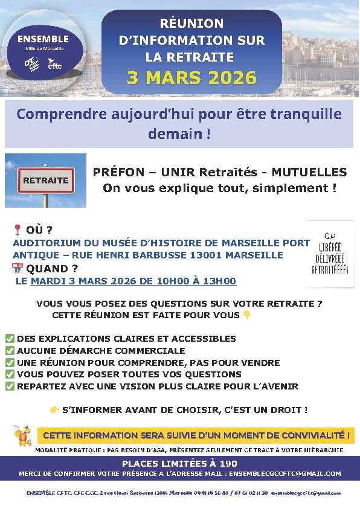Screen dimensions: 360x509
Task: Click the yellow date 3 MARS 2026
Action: pyautogui.click(x=191, y=78)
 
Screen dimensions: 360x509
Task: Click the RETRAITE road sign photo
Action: pyautogui.click(x=45, y=181)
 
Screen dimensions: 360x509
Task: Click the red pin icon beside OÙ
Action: pyautogui.click(x=17, y=229)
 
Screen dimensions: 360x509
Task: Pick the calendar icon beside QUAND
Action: pyautogui.click(x=17, y=268)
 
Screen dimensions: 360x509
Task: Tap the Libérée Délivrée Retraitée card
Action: pyautogui.click(x=330, y=254)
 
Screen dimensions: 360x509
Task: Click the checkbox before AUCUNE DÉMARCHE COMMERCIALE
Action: pyautogui.click(x=10, y=351)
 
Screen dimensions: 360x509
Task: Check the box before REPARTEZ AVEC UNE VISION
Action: pyautogui.click(x=10, y=386)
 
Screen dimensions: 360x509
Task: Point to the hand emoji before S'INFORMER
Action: pyautogui.click(x=54, y=410)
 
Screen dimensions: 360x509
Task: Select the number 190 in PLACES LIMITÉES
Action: pyautogui.click(x=228, y=463)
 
